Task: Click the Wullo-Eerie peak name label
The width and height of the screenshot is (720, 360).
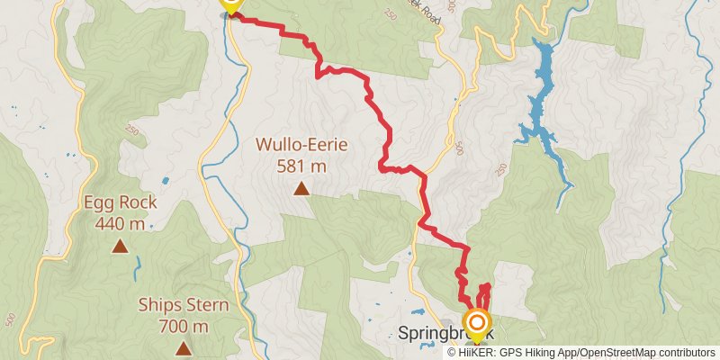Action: [301, 145]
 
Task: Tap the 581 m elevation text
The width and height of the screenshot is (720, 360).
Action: [301, 166]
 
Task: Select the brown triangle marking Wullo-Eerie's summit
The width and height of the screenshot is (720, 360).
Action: [301, 188]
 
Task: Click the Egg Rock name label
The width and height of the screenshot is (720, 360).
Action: [120, 202]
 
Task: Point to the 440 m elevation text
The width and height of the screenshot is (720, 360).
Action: [120, 223]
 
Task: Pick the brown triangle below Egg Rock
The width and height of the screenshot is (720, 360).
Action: [120, 246]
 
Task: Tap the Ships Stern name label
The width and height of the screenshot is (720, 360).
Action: [183, 304]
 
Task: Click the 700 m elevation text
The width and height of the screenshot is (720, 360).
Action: [183, 326]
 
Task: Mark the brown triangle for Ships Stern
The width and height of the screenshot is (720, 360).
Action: [183, 348]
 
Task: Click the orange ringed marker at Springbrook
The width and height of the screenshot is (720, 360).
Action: [476, 323]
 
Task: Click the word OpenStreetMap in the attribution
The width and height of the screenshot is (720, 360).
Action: [613, 353]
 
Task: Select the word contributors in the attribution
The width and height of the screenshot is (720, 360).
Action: [686, 353]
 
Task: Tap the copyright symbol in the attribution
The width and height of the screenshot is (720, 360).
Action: [453, 353]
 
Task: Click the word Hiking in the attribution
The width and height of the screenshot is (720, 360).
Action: [550, 353]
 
